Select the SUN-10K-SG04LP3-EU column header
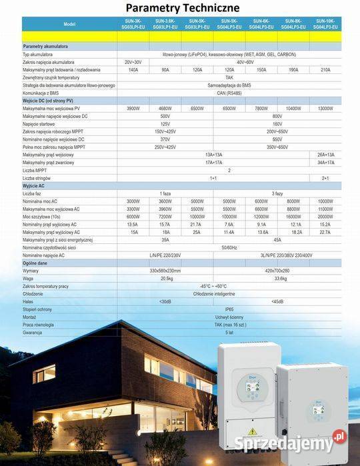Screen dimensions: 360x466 click(x=325, y=24)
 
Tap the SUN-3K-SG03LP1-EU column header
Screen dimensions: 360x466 click(x=133, y=24)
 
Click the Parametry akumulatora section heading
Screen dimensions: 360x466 click(x=43, y=46)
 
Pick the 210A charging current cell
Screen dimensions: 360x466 click(x=325, y=69)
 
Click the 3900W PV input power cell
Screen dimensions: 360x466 click(x=133, y=108)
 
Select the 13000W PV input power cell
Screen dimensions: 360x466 click(x=325, y=108)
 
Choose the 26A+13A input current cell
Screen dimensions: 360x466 click(x=325, y=155)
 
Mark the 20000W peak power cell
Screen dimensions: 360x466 click(x=325, y=217)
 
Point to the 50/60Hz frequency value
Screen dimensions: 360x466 click(x=229, y=247)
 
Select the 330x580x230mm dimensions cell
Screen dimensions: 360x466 click(x=165, y=271)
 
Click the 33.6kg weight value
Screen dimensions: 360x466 click(x=280, y=278)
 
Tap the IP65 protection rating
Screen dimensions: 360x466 click(x=229, y=309)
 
